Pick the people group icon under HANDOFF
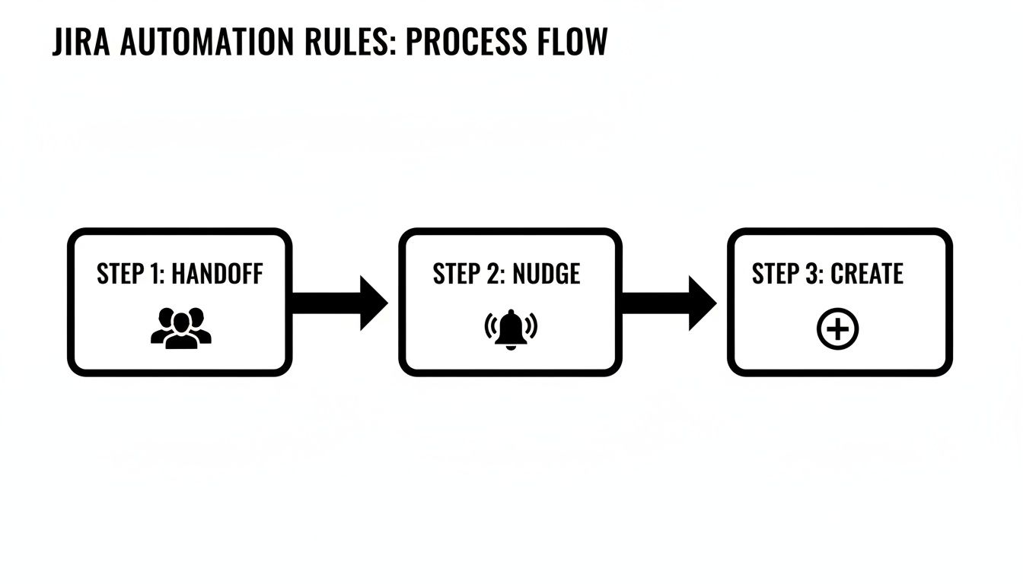pos(180,328)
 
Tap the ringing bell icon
pos(511,328)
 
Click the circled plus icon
pos(837,330)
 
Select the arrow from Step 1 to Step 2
pos(339,303)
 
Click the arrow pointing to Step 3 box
pos(668,303)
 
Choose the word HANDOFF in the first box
pos(217,274)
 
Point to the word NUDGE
pos(546,274)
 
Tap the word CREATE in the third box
pos(866,274)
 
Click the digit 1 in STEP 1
pos(157,274)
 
